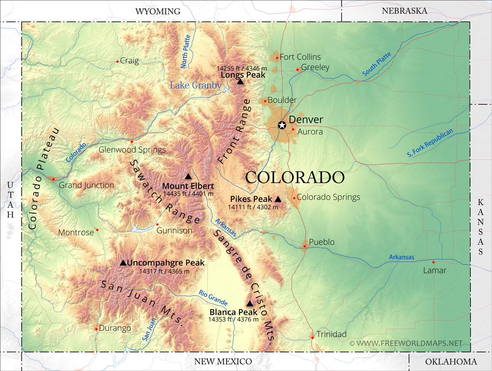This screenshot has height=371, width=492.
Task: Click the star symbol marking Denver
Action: (282, 125)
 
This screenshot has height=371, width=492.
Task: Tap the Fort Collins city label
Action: (300, 57)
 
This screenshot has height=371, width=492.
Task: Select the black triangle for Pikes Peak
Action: (278, 199)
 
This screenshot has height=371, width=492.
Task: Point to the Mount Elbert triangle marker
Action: (188, 177)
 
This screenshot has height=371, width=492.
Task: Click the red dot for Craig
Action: (117, 62)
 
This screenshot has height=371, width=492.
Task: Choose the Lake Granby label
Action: (196, 85)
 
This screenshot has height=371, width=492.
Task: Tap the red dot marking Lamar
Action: (433, 262)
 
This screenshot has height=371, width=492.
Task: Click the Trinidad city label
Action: (331, 334)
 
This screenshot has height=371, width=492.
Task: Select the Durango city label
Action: (115, 328)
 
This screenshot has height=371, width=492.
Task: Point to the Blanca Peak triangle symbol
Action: (250, 304)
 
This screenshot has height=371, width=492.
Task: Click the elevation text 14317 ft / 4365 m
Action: (164, 271)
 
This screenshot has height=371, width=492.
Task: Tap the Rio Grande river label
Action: (213, 297)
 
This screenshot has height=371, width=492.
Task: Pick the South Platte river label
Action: (377, 64)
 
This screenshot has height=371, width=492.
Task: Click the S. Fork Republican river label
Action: (430, 143)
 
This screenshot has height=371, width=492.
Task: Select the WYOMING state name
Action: (158, 11)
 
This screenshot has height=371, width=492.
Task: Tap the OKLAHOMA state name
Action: (451, 362)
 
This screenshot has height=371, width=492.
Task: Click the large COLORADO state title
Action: (294, 177)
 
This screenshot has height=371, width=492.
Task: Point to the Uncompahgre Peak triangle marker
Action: (123, 263)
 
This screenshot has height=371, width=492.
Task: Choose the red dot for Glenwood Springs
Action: (132, 142)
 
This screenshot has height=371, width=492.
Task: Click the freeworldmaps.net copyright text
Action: (406, 343)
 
